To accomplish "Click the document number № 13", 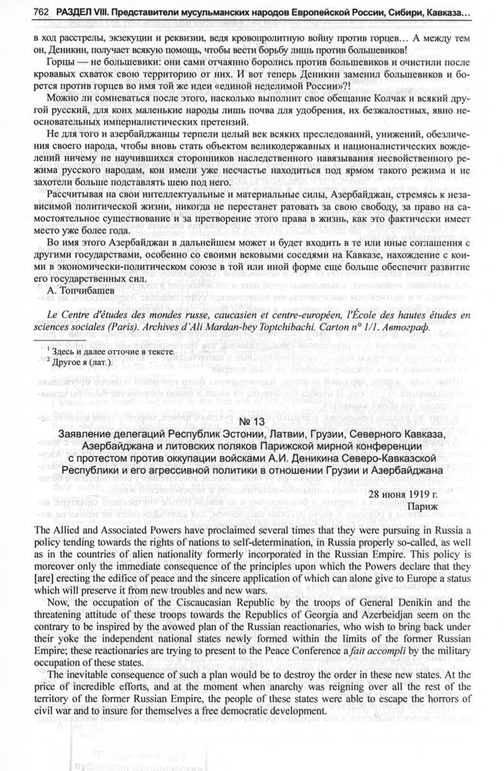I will coord(251,421).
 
